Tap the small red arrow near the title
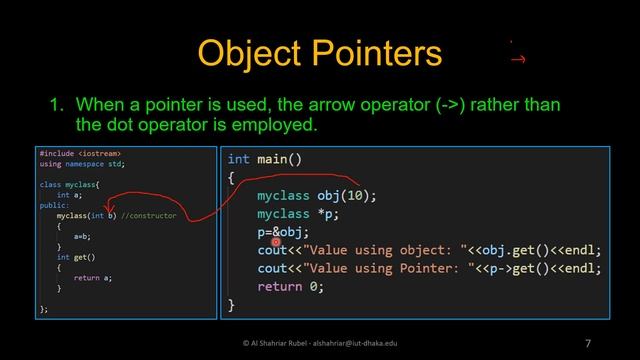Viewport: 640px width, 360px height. (518, 59)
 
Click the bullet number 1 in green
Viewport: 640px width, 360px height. (58, 104)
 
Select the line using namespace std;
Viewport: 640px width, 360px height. (82, 163)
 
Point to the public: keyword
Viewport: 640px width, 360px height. (54, 205)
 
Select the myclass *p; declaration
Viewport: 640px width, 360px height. (295, 214)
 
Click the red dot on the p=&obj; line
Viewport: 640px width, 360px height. (275, 241)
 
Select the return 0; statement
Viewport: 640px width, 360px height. (290, 287)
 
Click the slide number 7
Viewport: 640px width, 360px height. (588, 343)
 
